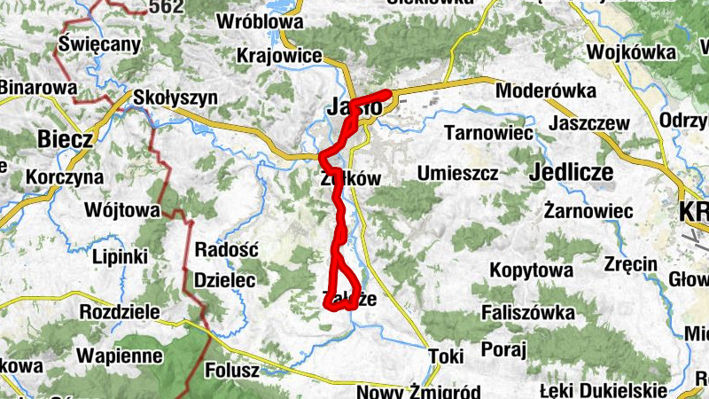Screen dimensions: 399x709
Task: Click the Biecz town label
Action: [x=66, y=139]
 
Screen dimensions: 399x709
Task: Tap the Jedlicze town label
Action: [x=571, y=173]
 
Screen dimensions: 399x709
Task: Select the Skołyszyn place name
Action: [x=175, y=98]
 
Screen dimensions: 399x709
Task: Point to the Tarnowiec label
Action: [x=488, y=133]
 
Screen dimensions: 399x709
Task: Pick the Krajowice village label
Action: [x=279, y=56]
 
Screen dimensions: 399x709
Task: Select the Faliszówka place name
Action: [x=528, y=312]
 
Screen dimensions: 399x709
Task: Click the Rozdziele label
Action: [x=120, y=312]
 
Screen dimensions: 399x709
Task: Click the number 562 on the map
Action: [x=166, y=7]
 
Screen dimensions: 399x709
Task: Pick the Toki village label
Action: [x=446, y=356]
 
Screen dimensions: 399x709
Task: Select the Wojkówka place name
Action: [x=631, y=52]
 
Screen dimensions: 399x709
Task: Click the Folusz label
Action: [x=231, y=369]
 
